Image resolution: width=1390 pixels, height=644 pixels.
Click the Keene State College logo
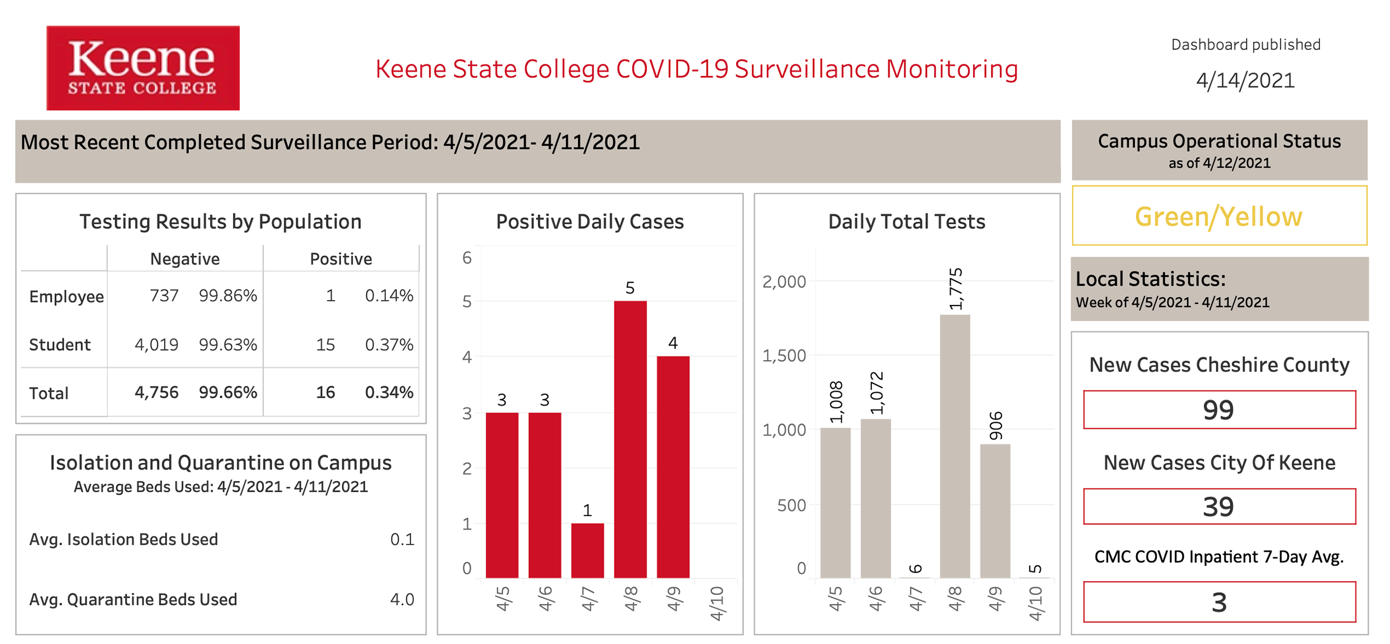coord(143,68)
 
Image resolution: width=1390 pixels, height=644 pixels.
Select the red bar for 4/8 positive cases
coord(630,439)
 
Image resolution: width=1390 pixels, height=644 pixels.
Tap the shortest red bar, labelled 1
coord(587,550)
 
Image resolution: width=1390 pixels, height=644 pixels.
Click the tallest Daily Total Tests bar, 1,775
coord(955,446)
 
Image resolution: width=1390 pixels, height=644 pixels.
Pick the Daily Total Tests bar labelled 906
coord(995,511)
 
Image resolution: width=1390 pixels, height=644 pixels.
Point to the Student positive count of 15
coord(325,345)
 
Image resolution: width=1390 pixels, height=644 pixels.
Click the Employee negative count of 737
coord(164,295)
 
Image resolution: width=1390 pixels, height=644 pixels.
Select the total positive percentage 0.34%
coord(389,392)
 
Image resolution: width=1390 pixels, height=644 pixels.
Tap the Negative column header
coord(185,258)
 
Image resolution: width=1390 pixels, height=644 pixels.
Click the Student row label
coord(59,345)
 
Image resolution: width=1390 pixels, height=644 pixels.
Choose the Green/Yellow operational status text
coord(1218,216)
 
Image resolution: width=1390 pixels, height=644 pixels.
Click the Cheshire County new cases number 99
coord(1218,410)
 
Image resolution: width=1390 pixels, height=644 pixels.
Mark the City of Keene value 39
coord(1218,507)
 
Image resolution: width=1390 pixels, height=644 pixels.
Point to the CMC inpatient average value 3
coord(1219,602)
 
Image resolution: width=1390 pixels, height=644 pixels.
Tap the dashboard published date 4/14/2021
coord(1245,81)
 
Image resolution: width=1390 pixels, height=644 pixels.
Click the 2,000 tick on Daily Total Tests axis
coord(784,282)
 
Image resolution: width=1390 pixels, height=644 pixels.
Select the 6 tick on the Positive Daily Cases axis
coord(466,258)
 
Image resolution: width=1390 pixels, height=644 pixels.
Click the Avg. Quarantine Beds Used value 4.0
coord(402,599)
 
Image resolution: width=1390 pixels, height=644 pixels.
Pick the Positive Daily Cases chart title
coord(589,221)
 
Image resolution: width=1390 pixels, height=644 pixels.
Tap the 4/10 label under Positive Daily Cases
coord(717,603)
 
